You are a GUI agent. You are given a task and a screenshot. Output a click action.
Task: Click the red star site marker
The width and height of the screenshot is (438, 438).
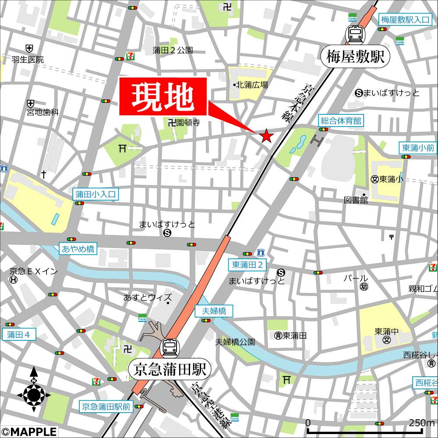(266, 137)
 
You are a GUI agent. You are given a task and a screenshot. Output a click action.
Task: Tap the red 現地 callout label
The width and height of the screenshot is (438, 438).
(163, 96)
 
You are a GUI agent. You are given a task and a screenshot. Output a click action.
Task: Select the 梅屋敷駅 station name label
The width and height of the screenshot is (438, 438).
(355, 57)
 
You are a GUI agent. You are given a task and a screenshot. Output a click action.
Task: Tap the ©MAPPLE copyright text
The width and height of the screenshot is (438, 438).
(28, 431)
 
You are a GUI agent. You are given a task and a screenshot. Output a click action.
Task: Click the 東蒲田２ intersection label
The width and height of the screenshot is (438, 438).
(247, 265)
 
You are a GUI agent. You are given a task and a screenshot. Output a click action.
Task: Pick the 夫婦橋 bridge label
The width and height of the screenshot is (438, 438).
(214, 311)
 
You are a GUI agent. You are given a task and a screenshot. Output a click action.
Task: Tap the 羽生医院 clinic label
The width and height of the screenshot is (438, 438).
(28, 60)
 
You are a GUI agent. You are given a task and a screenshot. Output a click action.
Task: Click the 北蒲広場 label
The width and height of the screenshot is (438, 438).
(252, 85)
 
